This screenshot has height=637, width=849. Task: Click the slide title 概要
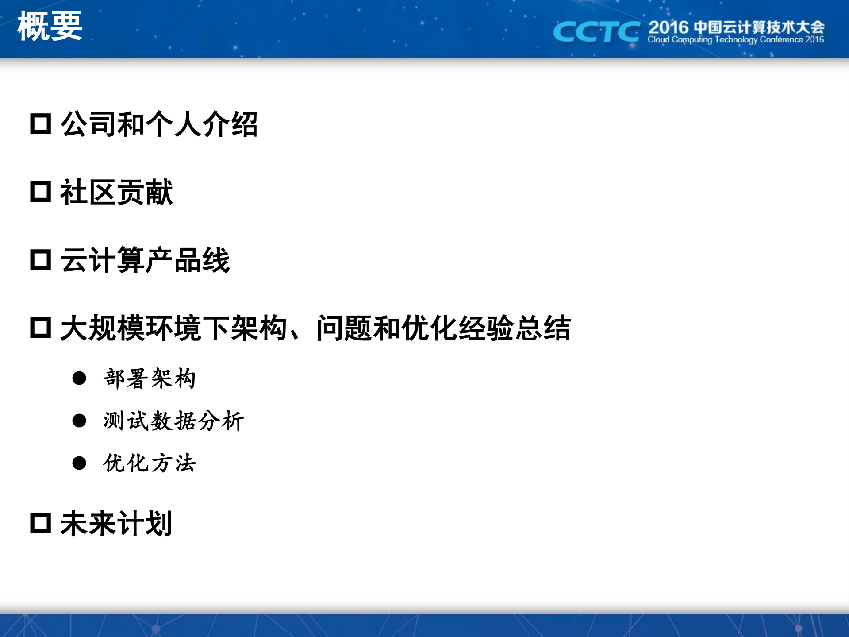click(50, 27)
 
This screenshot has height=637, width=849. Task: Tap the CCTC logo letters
click(596, 32)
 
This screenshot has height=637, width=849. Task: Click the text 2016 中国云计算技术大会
click(736, 27)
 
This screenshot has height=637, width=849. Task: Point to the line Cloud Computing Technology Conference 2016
click(735, 40)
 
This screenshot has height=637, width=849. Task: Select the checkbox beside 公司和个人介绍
click(41, 124)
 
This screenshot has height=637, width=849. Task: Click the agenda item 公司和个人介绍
click(159, 124)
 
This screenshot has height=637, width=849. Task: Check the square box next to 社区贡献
click(41, 192)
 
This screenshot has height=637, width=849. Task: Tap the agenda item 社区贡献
click(116, 192)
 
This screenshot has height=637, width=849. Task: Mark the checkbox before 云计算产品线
click(41, 260)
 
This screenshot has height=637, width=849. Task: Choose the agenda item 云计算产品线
click(145, 260)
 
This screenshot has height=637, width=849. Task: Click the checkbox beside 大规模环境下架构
click(41, 328)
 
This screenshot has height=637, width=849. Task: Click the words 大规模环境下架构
click(173, 328)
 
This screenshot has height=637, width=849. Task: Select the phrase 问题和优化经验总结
click(443, 328)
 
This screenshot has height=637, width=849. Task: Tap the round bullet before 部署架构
click(79, 378)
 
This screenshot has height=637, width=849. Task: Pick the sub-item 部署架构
click(149, 378)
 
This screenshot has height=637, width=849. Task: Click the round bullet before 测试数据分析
click(79, 421)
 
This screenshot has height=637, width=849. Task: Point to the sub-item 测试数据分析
click(173, 421)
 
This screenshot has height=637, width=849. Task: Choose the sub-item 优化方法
click(149, 463)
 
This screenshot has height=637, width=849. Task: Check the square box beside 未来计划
click(41, 523)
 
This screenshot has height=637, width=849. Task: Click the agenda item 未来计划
click(116, 523)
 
